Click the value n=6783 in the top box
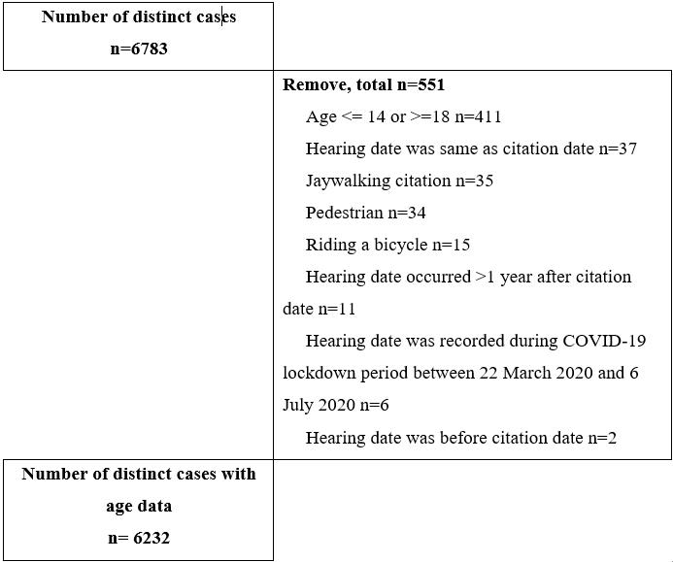(139, 49)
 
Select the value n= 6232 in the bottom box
(139, 538)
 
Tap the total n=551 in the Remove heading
(419, 84)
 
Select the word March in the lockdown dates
(516, 373)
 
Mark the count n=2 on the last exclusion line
(598, 437)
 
